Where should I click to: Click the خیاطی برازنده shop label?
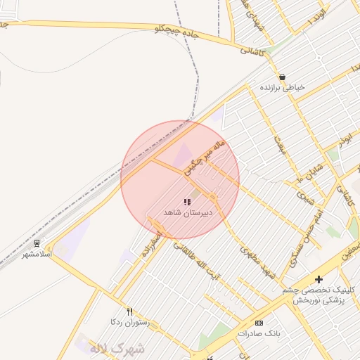[283, 88]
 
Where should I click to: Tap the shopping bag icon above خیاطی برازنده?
[282, 77]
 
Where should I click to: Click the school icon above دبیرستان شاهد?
[187, 202]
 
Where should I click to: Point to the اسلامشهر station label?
[37, 253]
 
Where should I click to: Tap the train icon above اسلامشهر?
[37, 243]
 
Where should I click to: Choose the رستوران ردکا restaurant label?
[129, 321]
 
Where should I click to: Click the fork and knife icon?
[129, 311]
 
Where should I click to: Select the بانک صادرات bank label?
[259, 333]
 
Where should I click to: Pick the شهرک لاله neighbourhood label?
[116, 348]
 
